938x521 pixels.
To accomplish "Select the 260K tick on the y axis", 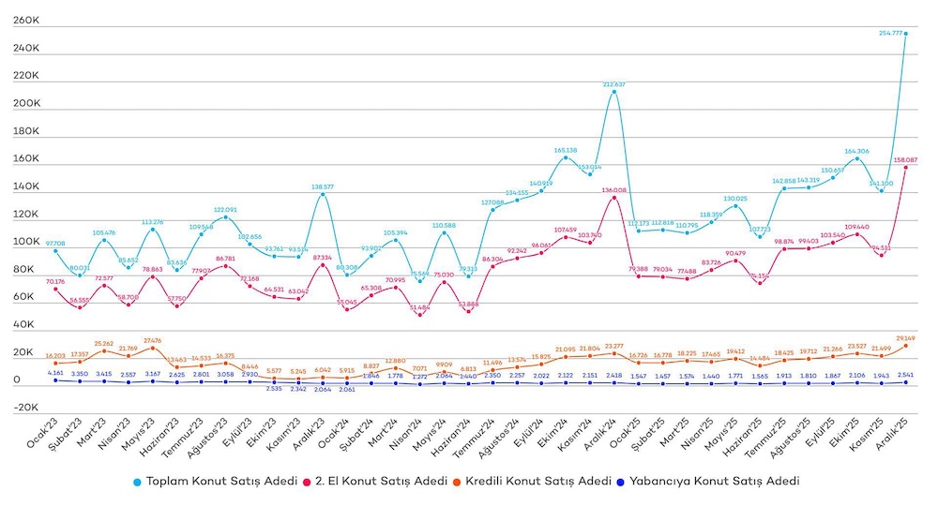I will [25, 20].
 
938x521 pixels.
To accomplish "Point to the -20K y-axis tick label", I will [23, 408].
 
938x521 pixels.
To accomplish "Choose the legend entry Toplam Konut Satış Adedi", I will [212, 482].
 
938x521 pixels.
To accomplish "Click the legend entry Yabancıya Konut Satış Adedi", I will [715, 482].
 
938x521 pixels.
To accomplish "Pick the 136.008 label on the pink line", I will [613, 190].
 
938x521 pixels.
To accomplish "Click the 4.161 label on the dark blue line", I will [55, 373].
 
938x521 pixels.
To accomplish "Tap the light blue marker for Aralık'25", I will [905, 33].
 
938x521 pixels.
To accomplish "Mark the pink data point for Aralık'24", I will [613, 197].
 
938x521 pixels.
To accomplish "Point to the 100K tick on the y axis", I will [25, 242].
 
